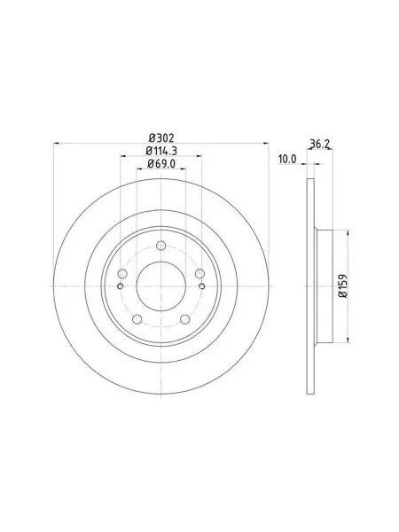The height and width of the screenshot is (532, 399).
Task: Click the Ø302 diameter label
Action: point(161,137)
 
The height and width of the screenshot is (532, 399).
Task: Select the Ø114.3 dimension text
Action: point(161,151)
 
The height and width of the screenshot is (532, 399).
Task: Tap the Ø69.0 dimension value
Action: point(161,163)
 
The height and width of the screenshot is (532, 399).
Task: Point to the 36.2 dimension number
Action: point(320,144)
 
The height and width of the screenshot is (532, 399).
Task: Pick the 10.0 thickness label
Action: point(287,159)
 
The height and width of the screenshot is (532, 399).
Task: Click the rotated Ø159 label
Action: point(343,286)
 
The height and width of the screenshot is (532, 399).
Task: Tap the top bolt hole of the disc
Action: point(161,246)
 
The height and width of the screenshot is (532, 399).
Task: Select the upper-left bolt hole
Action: point(122,273)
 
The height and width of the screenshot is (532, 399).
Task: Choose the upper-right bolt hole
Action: point(200,273)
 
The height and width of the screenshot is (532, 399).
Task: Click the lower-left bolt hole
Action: point(137,319)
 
